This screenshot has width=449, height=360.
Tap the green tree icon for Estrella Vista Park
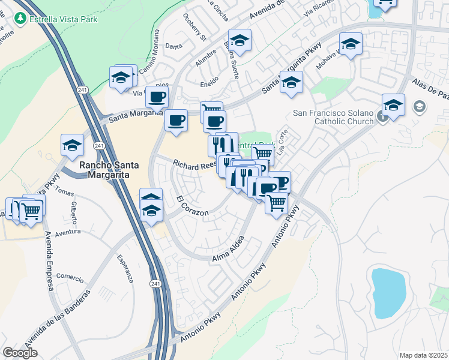point(20,18)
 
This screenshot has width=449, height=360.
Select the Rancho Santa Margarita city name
point(105,170)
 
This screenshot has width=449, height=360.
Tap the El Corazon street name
point(193,206)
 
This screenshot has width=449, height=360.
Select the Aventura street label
point(67,232)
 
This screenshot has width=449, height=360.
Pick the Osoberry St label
point(194,29)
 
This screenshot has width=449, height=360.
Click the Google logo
point(20,353)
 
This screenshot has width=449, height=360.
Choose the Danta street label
point(173,46)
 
